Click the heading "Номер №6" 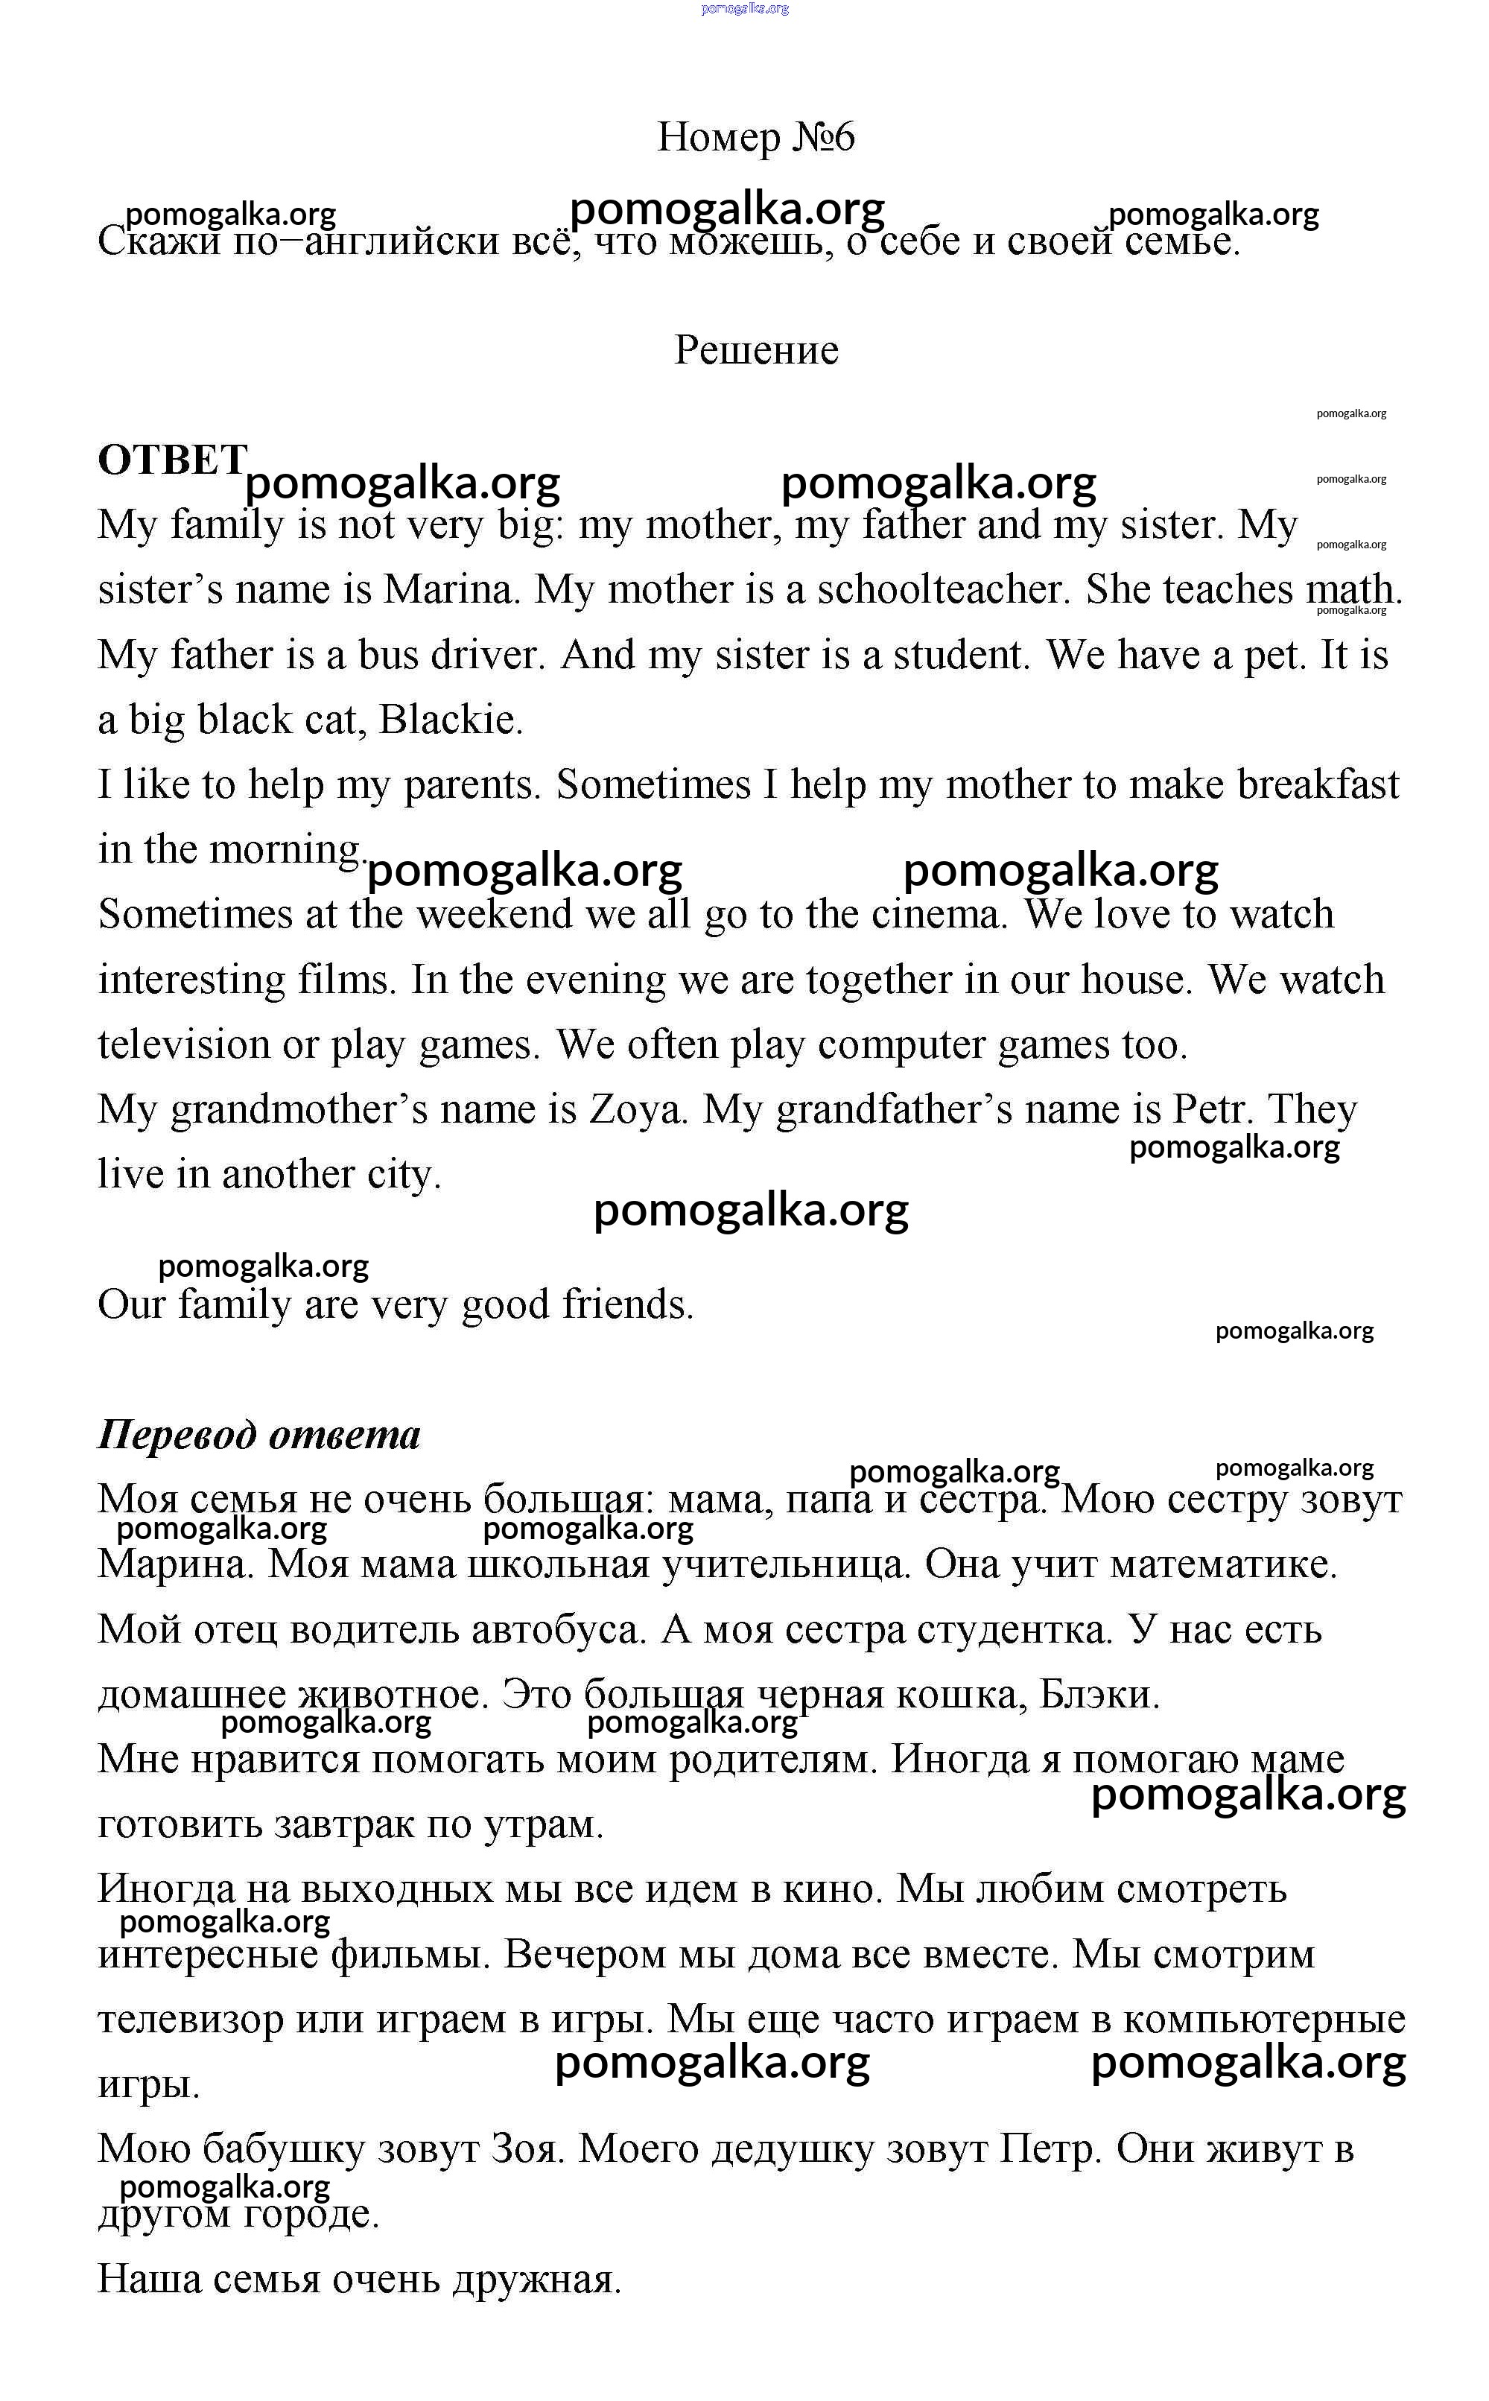click(755, 137)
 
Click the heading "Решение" click(755, 349)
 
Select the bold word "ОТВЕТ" click(171, 460)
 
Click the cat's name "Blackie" click(449, 720)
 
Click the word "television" click(183, 1045)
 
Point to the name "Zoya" click(636, 1110)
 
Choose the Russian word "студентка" click(1013, 1630)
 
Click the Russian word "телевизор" click(190, 2020)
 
